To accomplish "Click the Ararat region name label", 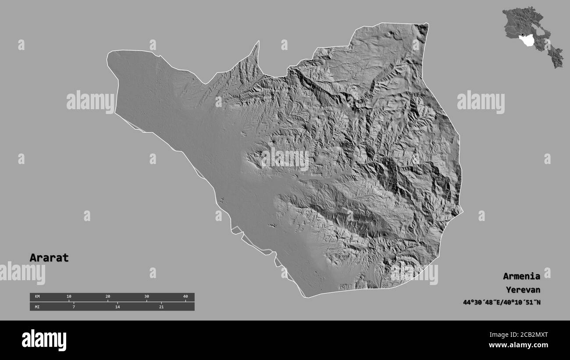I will point(49,258).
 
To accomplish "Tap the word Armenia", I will point(521,276).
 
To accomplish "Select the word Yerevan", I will point(523,290).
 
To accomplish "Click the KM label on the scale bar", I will point(37,297).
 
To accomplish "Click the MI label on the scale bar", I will point(37,307).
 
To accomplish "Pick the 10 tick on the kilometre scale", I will point(69,297).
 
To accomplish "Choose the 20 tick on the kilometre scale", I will point(108,297).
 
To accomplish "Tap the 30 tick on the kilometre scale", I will point(146,297).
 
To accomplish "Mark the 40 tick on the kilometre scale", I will point(185,297).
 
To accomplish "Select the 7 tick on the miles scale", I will point(74,307).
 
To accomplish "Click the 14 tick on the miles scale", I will point(117,307).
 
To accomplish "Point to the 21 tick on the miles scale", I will point(161,307).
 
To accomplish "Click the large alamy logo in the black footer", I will point(44,340).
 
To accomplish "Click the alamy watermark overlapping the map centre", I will point(285,158).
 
